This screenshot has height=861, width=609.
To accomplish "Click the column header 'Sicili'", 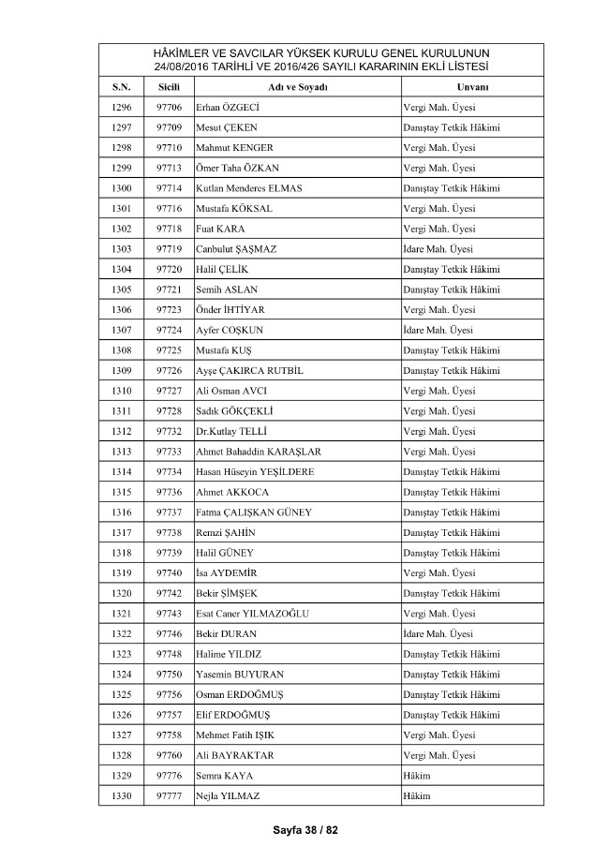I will click(169, 86).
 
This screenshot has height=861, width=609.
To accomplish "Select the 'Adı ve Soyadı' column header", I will click(296, 86).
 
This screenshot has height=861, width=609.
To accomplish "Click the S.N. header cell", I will click(121, 86).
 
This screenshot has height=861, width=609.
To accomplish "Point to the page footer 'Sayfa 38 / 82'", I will click(304, 830).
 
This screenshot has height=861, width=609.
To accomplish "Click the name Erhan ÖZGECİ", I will click(227, 107).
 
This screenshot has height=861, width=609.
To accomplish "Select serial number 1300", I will click(121, 188).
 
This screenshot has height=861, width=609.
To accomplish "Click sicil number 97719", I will click(169, 249).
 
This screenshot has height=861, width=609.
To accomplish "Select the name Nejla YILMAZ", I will click(227, 796).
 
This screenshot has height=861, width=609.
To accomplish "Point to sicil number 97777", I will click(169, 796).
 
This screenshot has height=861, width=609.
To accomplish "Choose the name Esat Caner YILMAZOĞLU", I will click(252, 614).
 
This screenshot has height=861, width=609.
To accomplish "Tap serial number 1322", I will click(121, 634).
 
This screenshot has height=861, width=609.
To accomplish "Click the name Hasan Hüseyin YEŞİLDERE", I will click(255, 472).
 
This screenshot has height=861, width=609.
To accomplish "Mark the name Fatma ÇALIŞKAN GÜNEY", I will click(253, 512).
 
